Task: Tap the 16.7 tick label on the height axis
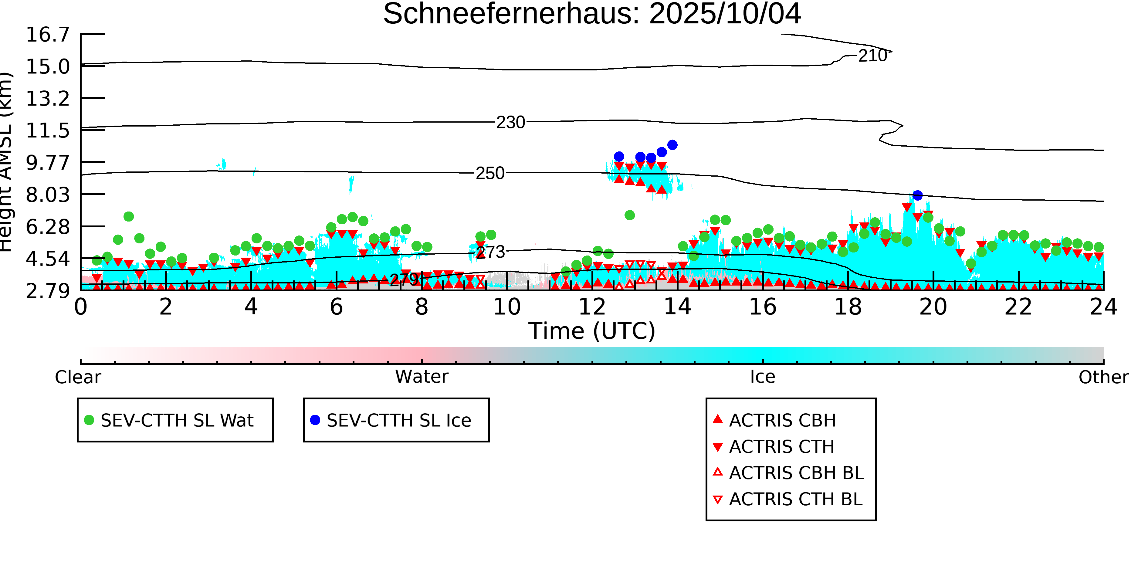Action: click(48, 35)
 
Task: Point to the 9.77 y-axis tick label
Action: click(48, 163)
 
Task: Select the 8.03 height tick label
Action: click(48, 195)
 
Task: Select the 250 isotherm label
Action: click(489, 174)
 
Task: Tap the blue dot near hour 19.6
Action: click(918, 195)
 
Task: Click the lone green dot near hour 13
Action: click(629, 215)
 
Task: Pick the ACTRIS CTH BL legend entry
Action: click(795, 499)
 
